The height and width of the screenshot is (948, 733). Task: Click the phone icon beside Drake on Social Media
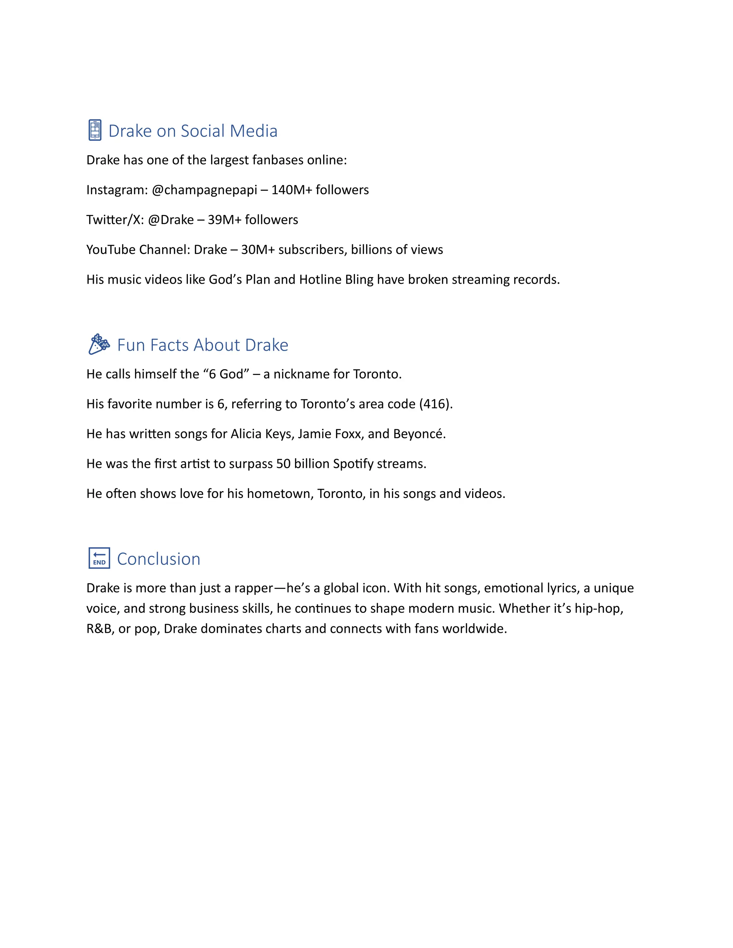(94, 130)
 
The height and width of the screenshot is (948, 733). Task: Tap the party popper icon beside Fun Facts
(98, 344)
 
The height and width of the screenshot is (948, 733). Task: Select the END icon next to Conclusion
(99, 558)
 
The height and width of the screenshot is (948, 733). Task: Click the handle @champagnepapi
(204, 190)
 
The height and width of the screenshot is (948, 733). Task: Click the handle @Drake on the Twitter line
(171, 220)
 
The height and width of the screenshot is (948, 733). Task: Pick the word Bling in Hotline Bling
(359, 279)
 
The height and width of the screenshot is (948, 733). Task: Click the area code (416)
(436, 404)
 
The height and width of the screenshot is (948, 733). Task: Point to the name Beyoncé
(419, 434)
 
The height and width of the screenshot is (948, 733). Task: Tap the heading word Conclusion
(159, 559)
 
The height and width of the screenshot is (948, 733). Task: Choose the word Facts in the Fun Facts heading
(169, 345)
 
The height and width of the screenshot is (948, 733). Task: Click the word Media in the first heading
(254, 131)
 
